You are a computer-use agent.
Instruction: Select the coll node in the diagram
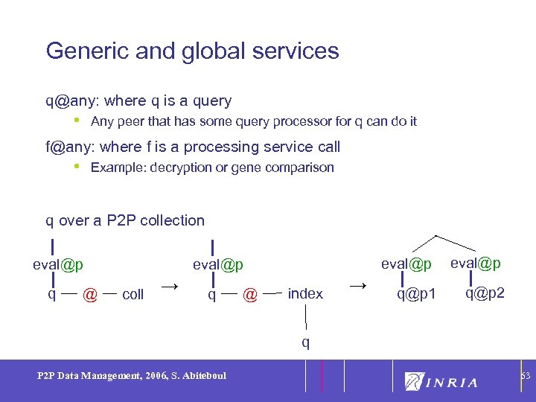tap(133, 295)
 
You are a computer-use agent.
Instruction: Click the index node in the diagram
tap(305, 294)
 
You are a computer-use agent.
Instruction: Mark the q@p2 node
tap(485, 293)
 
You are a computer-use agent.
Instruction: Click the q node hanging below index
tap(305, 342)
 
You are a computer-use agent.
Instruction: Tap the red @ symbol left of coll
tap(90, 296)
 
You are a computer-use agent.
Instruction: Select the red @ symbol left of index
tap(251, 296)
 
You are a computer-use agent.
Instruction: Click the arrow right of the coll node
tap(170, 286)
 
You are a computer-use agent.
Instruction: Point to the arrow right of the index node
tap(358, 286)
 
